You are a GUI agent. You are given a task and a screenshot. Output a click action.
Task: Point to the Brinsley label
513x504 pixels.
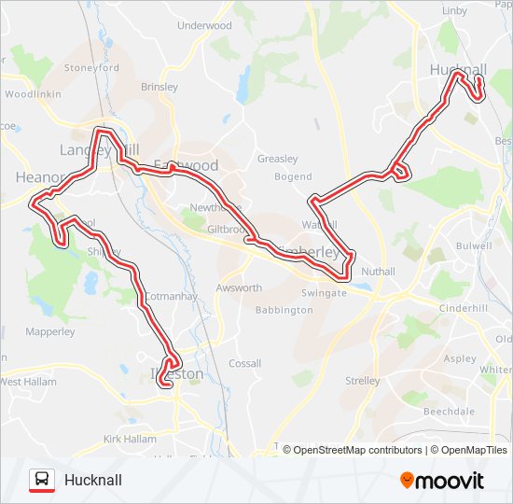(159, 87)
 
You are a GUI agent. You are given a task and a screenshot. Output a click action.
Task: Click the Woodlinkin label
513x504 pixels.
(33, 94)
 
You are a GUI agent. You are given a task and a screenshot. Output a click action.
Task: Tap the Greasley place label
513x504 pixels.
(277, 159)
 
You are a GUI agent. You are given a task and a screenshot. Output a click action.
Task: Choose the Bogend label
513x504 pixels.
(294, 176)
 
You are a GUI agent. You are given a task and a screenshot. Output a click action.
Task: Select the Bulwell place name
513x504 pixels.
(473, 245)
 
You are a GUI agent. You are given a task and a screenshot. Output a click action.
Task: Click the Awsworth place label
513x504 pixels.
(240, 288)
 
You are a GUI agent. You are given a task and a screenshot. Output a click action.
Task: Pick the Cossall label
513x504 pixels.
(245, 363)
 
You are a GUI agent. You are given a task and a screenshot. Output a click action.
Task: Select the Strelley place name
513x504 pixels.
(363, 381)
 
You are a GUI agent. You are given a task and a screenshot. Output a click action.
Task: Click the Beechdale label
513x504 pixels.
(450, 411)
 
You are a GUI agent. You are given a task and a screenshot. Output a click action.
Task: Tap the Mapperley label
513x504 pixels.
(50, 331)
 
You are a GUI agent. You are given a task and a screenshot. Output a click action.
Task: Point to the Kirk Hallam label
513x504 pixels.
(131, 439)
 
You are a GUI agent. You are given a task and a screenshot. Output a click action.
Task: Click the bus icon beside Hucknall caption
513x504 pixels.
(42, 480)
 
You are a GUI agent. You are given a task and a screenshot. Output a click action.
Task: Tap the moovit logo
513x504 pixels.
(442, 481)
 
